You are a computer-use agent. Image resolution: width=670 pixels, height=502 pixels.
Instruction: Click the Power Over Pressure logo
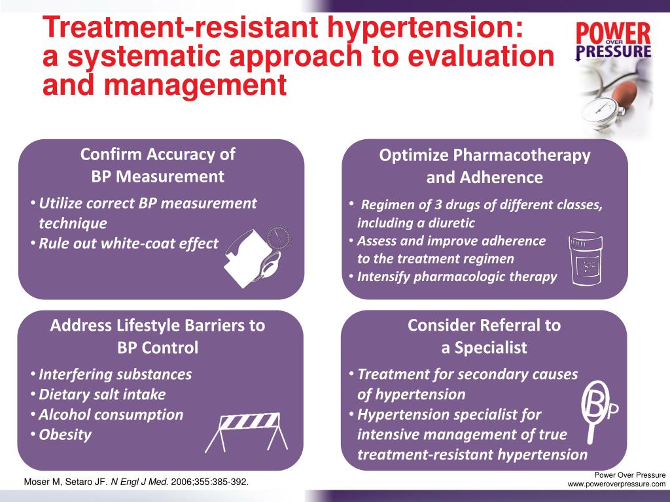tap(613, 41)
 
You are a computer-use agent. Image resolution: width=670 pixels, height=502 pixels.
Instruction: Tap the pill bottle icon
tap(586, 259)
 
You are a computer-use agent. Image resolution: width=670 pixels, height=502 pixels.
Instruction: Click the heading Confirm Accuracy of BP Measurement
tap(158, 165)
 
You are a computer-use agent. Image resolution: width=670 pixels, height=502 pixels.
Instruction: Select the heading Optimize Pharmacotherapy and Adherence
tap(484, 166)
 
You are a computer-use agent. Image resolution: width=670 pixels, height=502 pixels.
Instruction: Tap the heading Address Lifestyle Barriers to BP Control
tap(158, 336)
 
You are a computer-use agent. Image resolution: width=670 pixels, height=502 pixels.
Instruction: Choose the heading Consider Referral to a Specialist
tap(484, 336)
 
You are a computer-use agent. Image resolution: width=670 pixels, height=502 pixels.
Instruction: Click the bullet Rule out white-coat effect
tap(128, 244)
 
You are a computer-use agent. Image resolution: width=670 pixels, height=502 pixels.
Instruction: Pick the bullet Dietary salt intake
tap(102, 395)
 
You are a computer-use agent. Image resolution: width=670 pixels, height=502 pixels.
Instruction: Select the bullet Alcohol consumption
tap(111, 415)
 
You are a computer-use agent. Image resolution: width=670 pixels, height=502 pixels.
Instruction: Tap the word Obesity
tap(65, 435)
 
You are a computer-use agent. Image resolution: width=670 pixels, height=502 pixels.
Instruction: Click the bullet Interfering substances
tap(115, 375)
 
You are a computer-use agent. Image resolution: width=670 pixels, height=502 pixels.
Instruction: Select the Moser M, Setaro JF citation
tap(137, 483)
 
